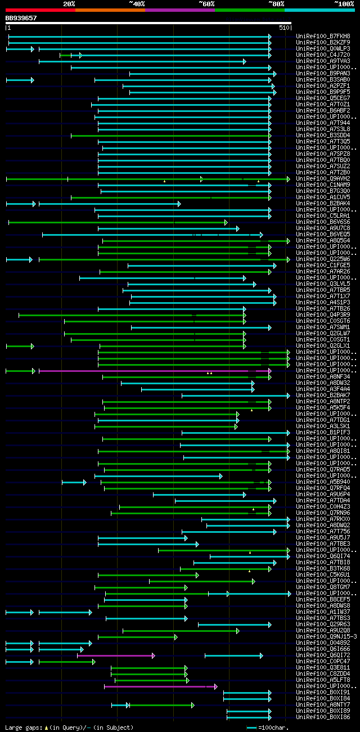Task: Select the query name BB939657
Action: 21,18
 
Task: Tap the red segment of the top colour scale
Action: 40,10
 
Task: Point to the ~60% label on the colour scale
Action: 206,4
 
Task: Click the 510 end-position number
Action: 283,27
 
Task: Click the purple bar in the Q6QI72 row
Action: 115,655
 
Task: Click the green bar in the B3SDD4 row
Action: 169,136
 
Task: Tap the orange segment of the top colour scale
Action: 110,10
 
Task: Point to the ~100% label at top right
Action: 344,4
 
